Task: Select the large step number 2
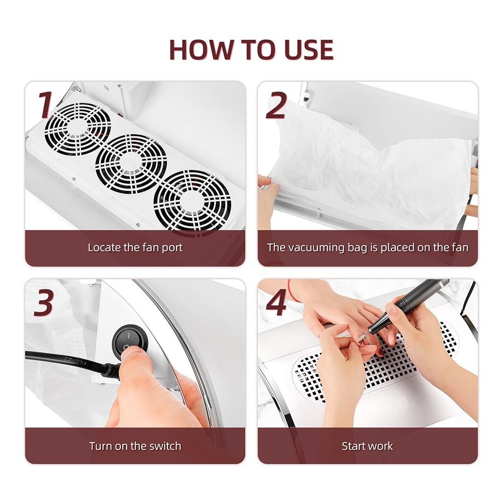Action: click(276, 105)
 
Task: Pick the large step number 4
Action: click(276, 302)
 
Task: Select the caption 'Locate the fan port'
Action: click(135, 247)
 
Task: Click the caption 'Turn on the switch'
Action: click(135, 446)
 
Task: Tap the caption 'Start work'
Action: click(367, 446)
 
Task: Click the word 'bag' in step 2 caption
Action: click(357, 248)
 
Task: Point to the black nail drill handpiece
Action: click(407, 305)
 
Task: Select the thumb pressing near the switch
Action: click(131, 356)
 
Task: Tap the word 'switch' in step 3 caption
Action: click(164, 446)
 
